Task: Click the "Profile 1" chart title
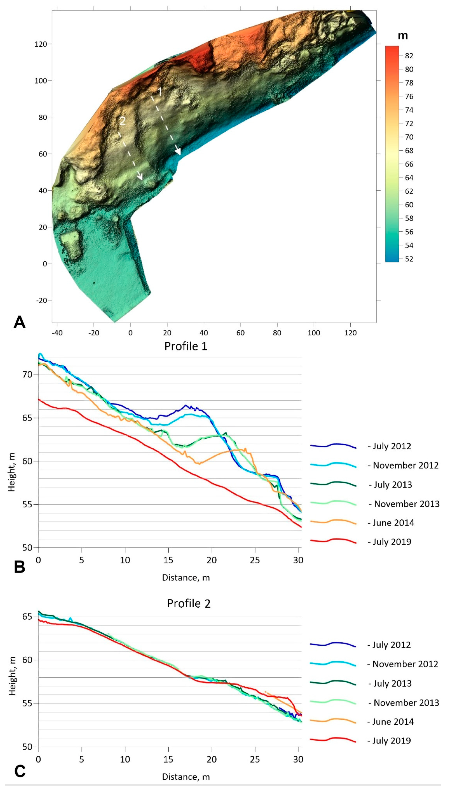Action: click(x=186, y=346)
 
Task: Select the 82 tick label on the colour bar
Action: click(x=409, y=56)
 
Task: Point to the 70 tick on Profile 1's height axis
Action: click(x=27, y=374)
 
